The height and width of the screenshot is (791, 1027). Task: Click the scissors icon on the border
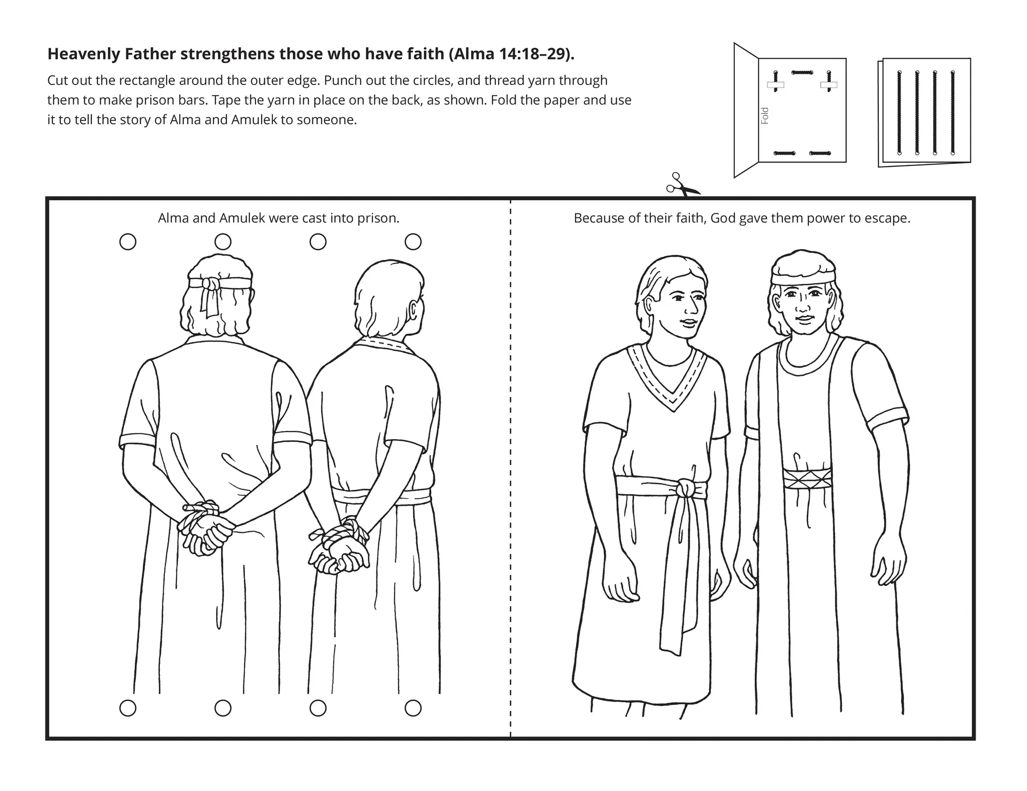(681, 186)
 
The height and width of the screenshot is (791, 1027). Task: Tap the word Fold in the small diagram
(765, 116)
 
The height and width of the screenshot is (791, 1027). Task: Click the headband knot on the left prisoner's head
(210, 284)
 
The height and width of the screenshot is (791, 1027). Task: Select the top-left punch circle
(128, 242)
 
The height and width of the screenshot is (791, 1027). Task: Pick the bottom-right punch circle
(412, 708)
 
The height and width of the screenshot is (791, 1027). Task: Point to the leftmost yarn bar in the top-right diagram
(899, 112)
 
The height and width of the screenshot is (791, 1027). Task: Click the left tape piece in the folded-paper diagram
(775, 85)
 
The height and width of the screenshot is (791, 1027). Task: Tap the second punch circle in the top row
(223, 242)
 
